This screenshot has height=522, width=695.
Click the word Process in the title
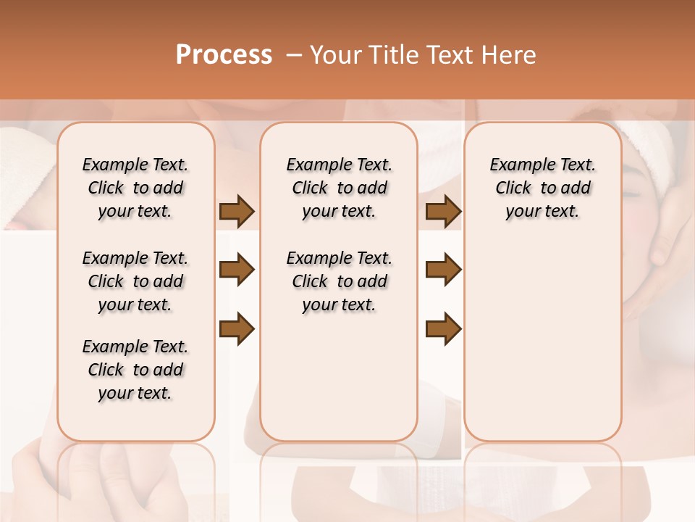[224, 55]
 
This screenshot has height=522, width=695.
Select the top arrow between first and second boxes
[237, 212]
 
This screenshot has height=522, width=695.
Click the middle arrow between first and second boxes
[237, 270]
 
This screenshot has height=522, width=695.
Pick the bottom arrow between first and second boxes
[237, 329]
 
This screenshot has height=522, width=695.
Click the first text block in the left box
[135, 188]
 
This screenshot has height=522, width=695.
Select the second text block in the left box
[135, 281]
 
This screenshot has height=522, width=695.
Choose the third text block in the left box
[135, 370]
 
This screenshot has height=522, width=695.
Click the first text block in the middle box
[339, 188]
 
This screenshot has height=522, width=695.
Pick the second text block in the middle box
[339, 281]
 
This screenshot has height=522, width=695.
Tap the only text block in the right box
[542, 188]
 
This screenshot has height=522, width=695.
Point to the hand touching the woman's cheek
[666, 239]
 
